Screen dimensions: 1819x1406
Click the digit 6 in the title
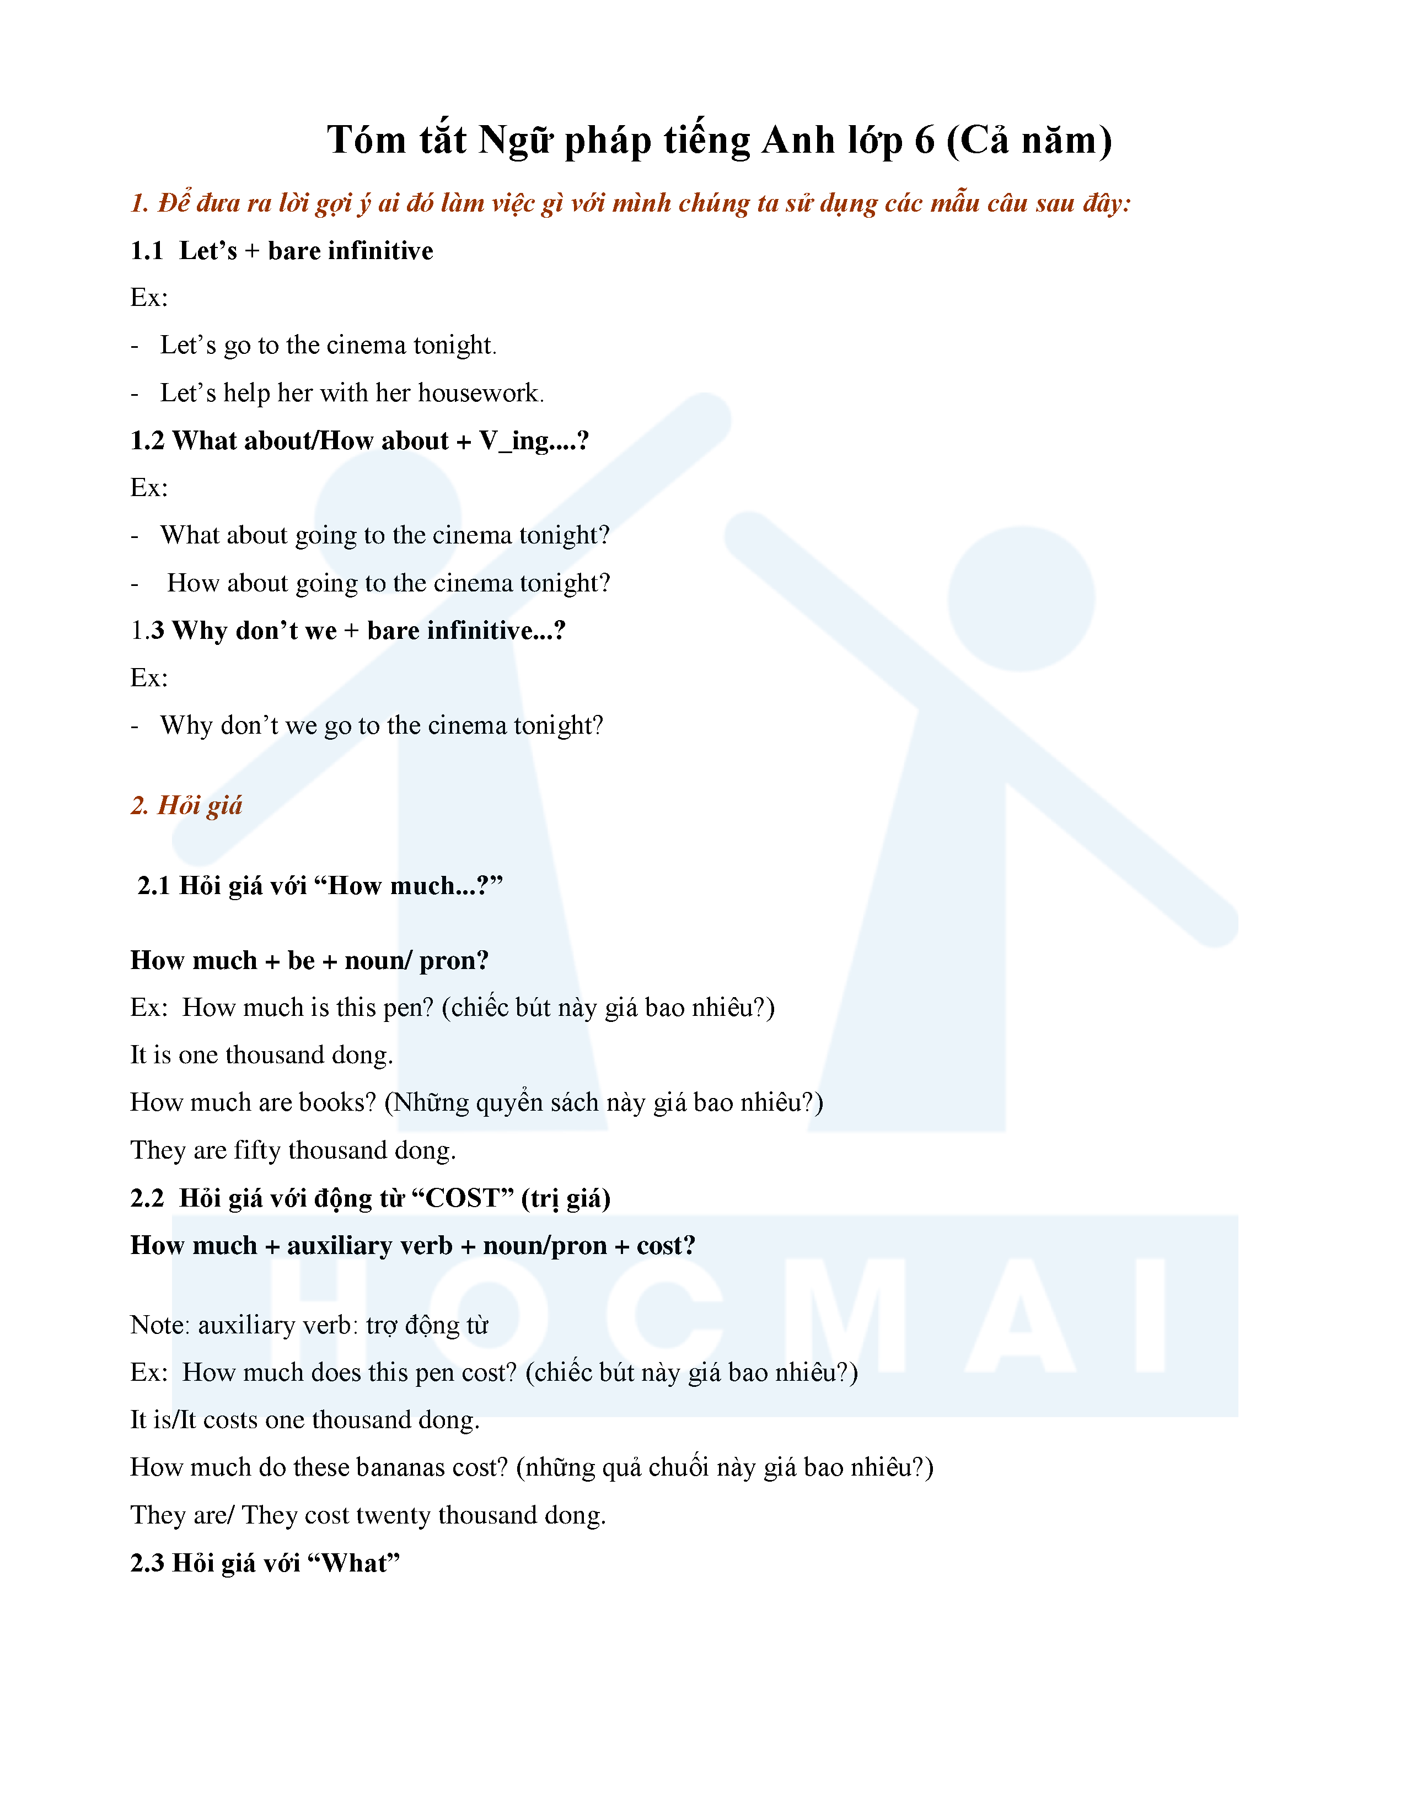coord(925,140)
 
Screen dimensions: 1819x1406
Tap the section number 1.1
coord(147,251)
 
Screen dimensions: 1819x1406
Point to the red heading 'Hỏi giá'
coord(200,805)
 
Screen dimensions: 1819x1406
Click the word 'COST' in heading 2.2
coord(462,1198)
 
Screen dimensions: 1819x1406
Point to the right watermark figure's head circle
coord(1021,599)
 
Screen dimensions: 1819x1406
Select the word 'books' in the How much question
coord(337,1103)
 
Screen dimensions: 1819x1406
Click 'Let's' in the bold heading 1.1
coord(208,251)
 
